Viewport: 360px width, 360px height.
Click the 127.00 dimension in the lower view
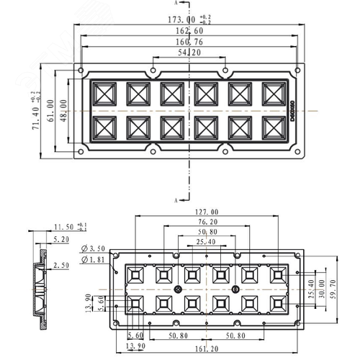click(207, 212)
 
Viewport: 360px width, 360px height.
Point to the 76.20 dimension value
click(207, 222)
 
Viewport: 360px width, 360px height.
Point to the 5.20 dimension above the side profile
click(62, 238)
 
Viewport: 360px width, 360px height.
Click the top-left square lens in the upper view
click(104, 94)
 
